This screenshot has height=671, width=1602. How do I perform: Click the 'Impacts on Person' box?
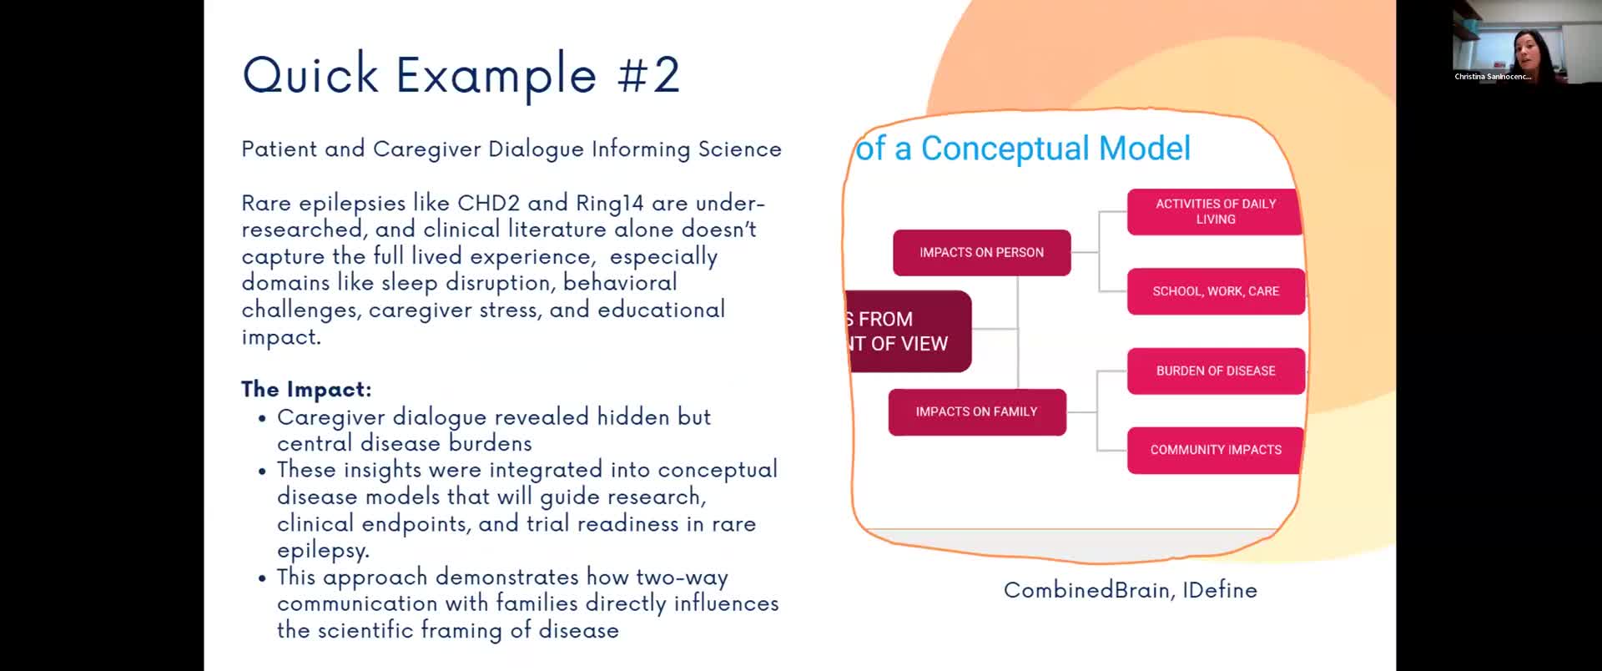[x=981, y=252]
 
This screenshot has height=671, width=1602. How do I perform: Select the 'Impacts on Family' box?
[x=977, y=411]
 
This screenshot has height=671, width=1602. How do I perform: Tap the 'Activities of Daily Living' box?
[x=1215, y=211]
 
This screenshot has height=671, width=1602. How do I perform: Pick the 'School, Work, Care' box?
[x=1216, y=291]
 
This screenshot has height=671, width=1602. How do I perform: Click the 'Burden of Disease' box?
[x=1216, y=371]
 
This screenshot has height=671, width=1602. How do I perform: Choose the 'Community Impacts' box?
[x=1215, y=450]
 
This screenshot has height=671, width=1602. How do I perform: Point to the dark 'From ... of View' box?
[x=909, y=331]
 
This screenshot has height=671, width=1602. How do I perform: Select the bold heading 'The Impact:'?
[x=306, y=389]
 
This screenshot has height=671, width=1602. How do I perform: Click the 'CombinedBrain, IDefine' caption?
[x=1131, y=590]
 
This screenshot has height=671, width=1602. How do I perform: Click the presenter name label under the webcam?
[x=1493, y=77]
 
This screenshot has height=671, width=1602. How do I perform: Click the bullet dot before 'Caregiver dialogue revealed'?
[x=263, y=418]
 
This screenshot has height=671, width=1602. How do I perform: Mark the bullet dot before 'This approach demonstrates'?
[x=263, y=578]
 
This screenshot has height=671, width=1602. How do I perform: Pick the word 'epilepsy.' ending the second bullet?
[x=323, y=551]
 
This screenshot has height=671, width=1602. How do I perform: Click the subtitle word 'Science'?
[x=740, y=149]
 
